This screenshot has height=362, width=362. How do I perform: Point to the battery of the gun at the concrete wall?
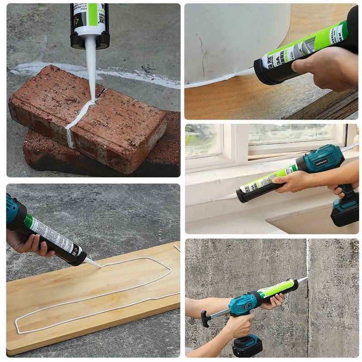click(x=247, y=347)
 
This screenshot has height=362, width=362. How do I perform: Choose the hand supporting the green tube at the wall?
click(x=271, y=301)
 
